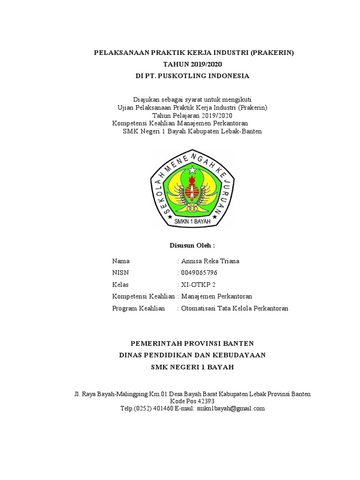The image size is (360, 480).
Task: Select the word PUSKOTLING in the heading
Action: pos(185,75)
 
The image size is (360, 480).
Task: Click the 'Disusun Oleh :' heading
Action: pos(192,245)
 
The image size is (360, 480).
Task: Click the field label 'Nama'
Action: pos(121,261)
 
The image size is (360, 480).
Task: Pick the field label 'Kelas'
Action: pos(120,285)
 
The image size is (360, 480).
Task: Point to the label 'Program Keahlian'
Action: pos(139,308)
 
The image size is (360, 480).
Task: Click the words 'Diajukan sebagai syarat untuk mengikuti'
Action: pos(192,100)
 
